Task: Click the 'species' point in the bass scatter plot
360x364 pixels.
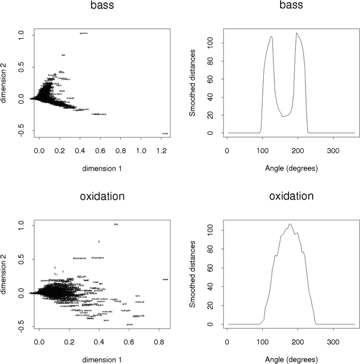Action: click(84, 33)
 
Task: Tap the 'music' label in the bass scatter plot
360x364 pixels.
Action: click(165, 134)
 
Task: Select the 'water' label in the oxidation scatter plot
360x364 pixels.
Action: click(165, 279)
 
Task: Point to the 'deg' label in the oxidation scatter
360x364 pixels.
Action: click(116, 224)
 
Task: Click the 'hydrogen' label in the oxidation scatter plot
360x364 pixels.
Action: click(125, 310)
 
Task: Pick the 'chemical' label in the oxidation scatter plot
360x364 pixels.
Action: click(139, 302)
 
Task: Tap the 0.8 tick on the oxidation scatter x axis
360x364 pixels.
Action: click(159, 342)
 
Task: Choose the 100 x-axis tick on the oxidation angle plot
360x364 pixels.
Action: click(262, 342)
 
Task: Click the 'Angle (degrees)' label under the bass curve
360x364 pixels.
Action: click(290, 167)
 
